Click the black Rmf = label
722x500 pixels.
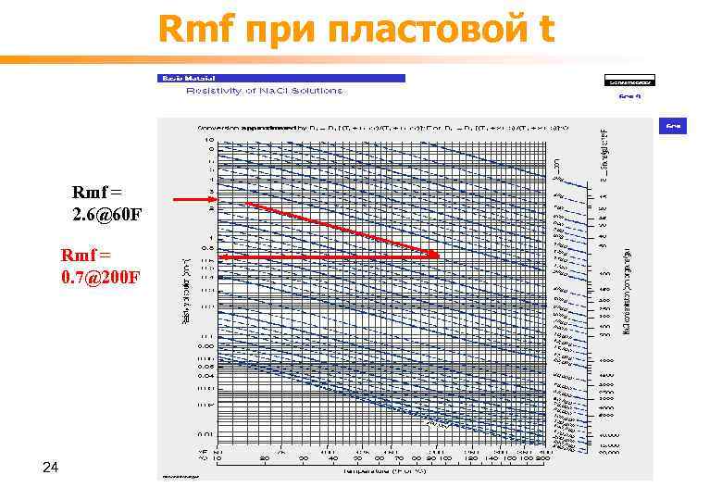(x=97, y=194)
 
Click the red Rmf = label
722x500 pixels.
(x=85, y=255)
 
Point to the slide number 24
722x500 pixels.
(x=51, y=470)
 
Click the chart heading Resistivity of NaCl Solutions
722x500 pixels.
(x=265, y=91)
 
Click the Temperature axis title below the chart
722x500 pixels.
(x=384, y=471)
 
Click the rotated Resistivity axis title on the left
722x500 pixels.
(x=185, y=291)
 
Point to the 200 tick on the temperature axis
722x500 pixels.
(x=541, y=459)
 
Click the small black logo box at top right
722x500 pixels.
(x=629, y=81)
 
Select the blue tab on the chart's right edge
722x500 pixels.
(x=674, y=124)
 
